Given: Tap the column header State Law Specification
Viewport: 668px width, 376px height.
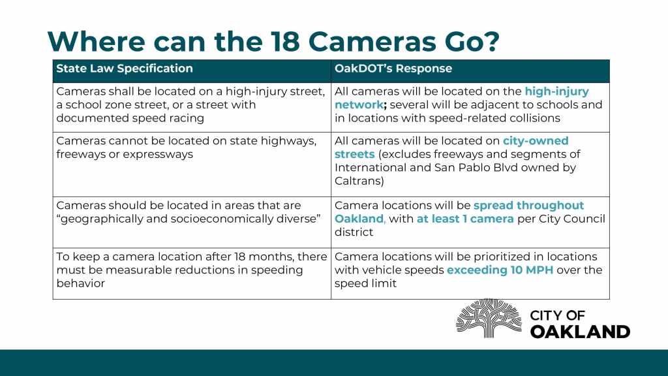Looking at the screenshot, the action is click(125, 69).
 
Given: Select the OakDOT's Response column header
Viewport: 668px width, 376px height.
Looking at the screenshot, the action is click(393, 69).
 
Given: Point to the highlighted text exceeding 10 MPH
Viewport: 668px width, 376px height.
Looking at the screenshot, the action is click(500, 270).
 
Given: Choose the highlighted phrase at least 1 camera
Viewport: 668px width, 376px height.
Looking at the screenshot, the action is click(465, 219).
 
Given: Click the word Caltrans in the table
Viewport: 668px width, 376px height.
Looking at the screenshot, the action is click(359, 181).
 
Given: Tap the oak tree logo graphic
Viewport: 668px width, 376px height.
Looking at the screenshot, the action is click(489, 318).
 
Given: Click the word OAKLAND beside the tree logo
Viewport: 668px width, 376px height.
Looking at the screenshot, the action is click(580, 332).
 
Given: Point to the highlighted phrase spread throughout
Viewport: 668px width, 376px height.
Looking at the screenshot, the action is click(528, 206).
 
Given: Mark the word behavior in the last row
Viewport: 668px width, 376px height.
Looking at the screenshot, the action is click(80, 283).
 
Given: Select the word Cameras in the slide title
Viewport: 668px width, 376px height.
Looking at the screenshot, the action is click(372, 41).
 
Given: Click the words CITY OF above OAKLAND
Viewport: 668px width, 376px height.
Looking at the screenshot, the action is click(557, 315).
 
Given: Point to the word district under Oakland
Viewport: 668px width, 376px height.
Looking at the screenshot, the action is click(354, 232).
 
